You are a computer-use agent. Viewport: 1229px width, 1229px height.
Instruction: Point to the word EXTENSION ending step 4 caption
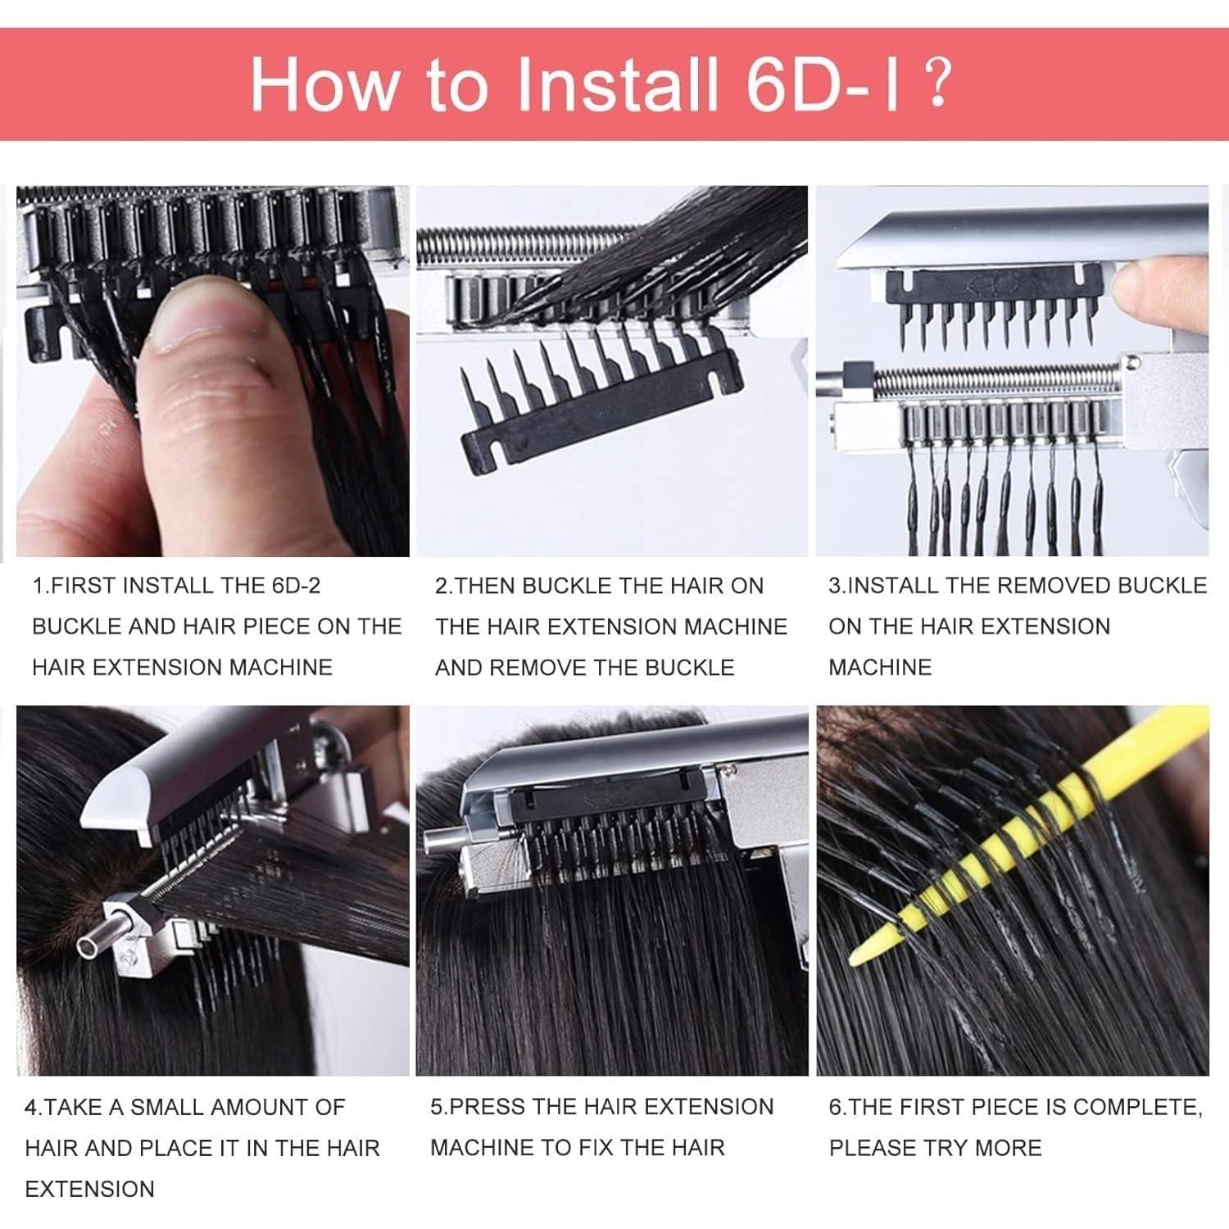[89, 1189]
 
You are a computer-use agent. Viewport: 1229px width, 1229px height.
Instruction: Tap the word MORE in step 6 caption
[1010, 1148]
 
